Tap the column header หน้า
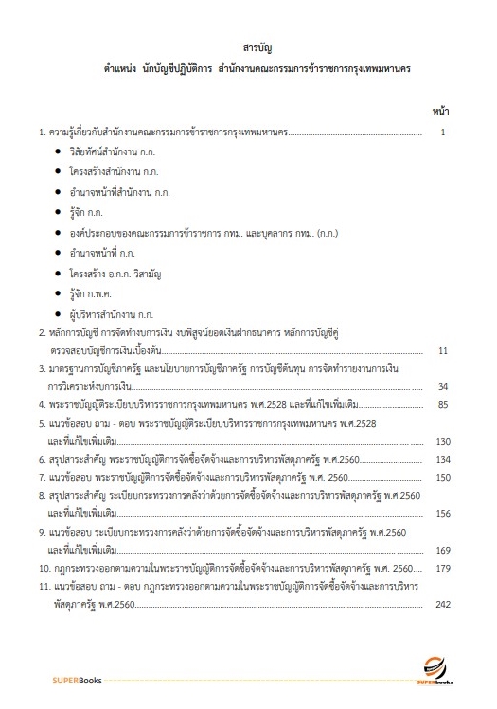(440, 110)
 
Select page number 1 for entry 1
(443, 133)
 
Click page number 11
(442, 351)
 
